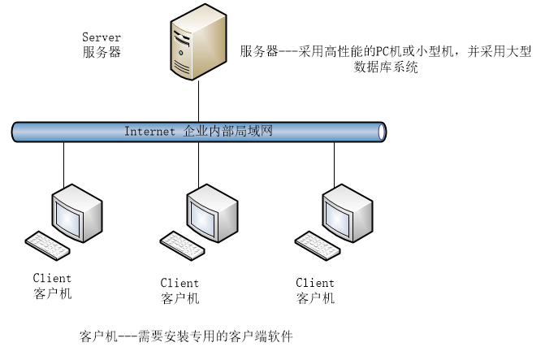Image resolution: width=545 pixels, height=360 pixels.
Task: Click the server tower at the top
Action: click(x=198, y=42)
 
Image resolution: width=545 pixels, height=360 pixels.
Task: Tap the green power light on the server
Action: click(x=181, y=53)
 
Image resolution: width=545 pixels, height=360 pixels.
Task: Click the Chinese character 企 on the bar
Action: click(x=190, y=131)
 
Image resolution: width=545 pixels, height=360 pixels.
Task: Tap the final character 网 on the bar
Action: click(x=267, y=131)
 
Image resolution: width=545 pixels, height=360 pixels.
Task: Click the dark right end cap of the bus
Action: click(x=381, y=132)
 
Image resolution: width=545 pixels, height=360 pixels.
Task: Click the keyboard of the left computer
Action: click(x=47, y=245)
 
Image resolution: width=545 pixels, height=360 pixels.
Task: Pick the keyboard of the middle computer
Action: click(x=182, y=245)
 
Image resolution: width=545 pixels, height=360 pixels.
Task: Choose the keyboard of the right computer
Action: click(x=317, y=245)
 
